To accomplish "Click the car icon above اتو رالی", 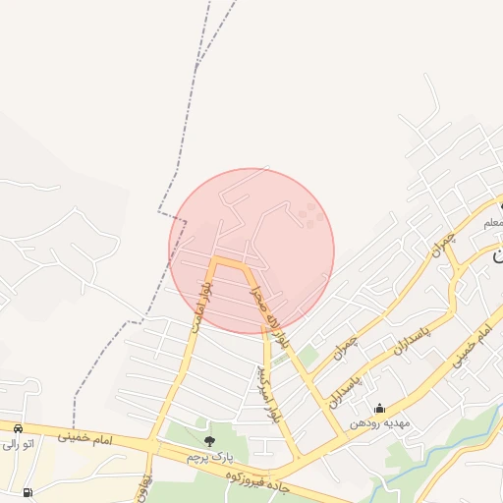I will pyautogui.click(x=18, y=428).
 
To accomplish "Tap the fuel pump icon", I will pyautogui.click(x=27, y=492).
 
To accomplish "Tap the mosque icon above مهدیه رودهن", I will pyautogui.click(x=380, y=408).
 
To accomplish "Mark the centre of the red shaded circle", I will pyautogui.click(x=252, y=251).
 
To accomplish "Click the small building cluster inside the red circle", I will pyautogui.click(x=310, y=215).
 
